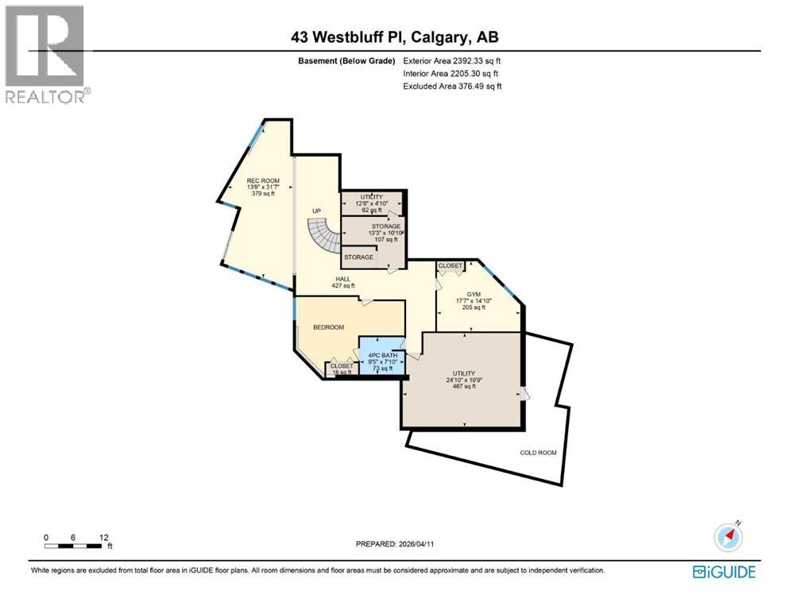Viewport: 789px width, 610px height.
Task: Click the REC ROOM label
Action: pyautogui.click(x=257, y=180)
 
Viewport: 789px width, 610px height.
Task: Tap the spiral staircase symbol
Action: pyautogui.click(x=324, y=236)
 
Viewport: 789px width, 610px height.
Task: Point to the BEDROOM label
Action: pyautogui.click(x=327, y=327)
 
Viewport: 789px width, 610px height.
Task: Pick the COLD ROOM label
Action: pyautogui.click(x=538, y=453)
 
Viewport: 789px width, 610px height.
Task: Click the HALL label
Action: pyautogui.click(x=342, y=279)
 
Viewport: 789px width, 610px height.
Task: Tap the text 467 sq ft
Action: pyautogui.click(x=463, y=387)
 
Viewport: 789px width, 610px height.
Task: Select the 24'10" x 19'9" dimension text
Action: pyautogui.click(x=463, y=380)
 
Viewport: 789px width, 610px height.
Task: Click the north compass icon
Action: pyautogui.click(x=728, y=536)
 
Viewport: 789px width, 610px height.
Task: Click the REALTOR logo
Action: pyautogui.click(x=44, y=54)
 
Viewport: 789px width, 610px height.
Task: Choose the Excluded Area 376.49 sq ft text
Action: pyautogui.click(x=452, y=86)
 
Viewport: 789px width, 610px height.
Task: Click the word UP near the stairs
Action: pyautogui.click(x=316, y=210)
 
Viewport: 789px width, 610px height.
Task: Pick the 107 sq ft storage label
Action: pyautogui.click(x=386, y=239)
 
